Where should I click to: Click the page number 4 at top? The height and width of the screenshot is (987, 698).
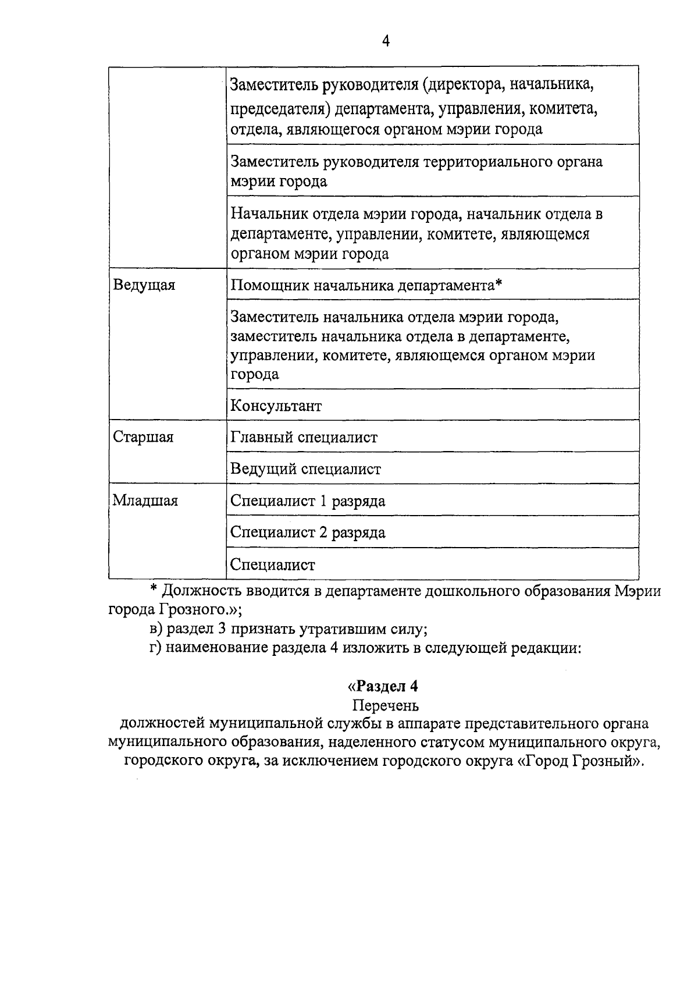tap(386, 40)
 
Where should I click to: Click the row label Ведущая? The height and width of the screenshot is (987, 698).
tap(144, 285)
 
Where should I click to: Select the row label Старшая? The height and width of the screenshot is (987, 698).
tap(143, 437)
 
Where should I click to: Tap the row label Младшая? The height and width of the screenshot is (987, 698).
tap(145, 500)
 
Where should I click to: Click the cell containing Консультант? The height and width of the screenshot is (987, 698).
tap(276, 406)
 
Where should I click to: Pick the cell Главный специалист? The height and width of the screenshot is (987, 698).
tap(304, 437)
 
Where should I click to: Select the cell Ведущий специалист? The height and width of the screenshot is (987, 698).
tap(305, 469)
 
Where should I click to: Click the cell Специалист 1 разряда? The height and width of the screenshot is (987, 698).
tap(308, 501)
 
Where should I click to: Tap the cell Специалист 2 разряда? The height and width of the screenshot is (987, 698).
tap(308, 532)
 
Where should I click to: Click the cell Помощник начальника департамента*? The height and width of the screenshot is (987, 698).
tap(366, 286)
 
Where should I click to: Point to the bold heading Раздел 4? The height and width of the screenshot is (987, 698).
tap(383, 686)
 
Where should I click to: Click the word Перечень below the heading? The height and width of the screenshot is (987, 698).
tap(385, 705)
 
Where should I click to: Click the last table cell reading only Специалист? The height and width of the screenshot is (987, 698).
tap(272, 564)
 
